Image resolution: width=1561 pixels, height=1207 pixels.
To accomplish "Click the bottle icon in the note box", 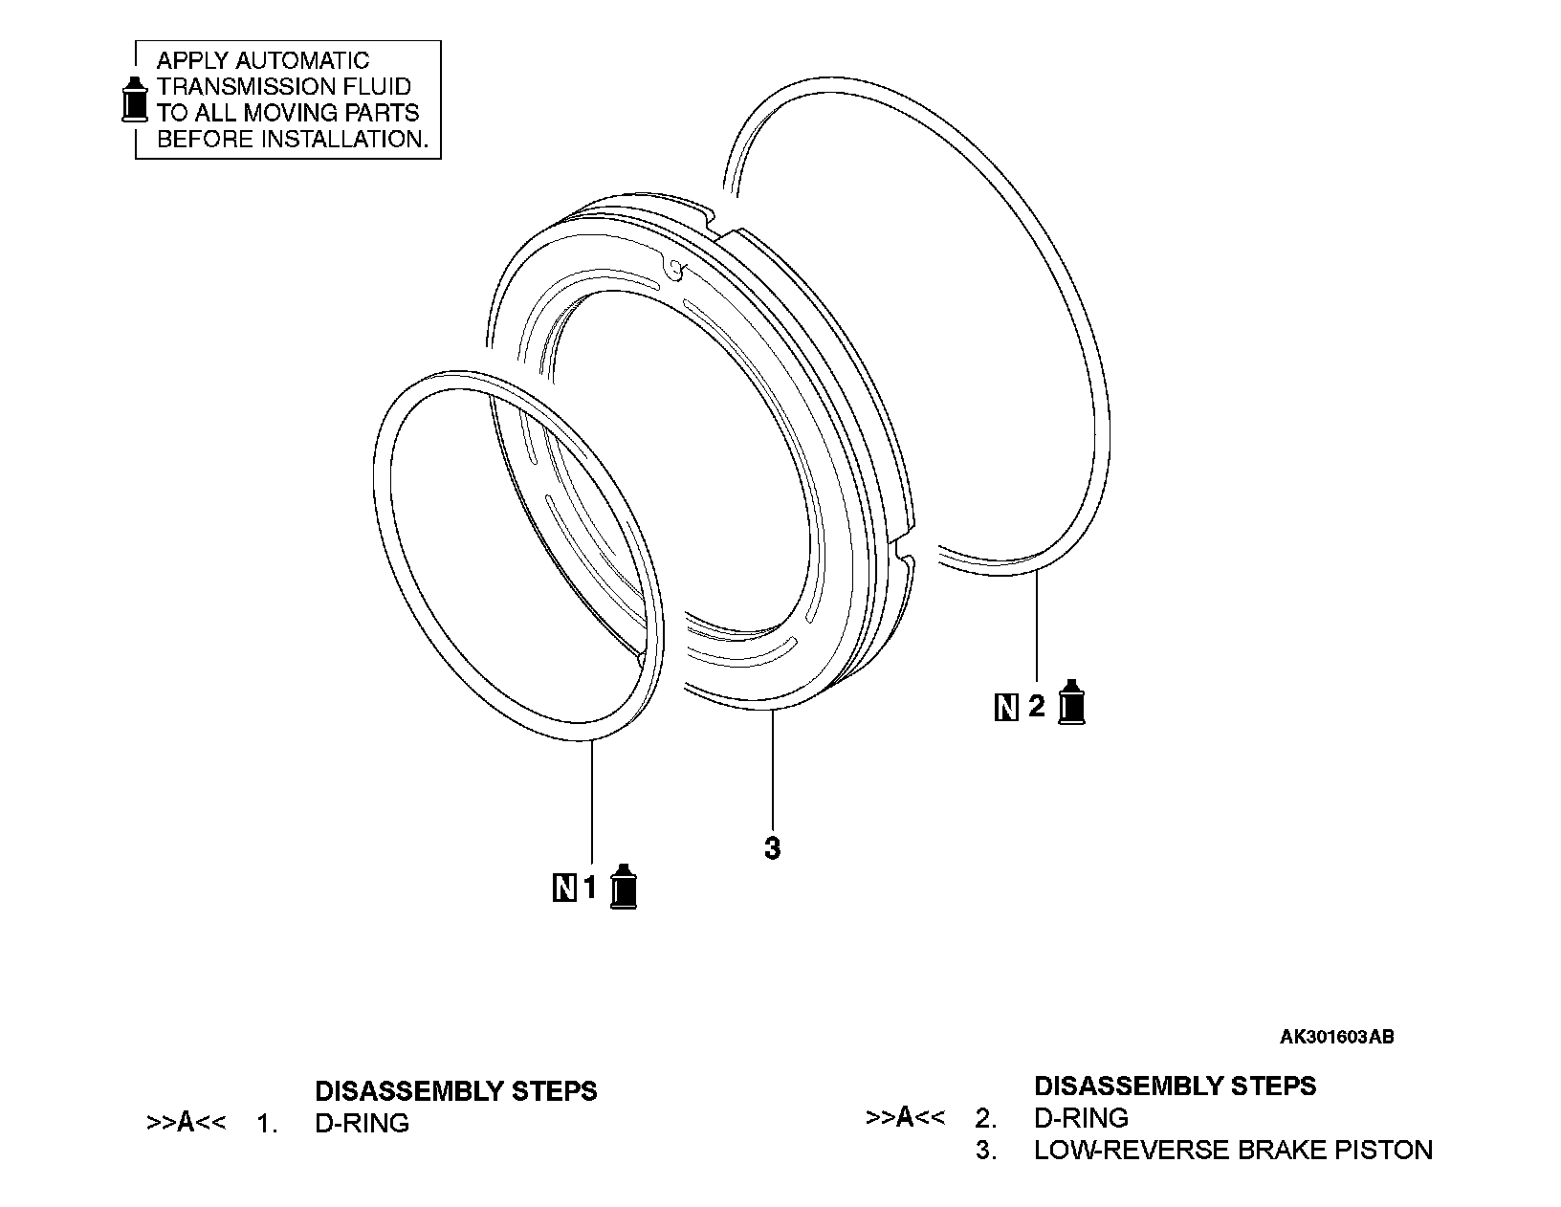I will coord(136,99).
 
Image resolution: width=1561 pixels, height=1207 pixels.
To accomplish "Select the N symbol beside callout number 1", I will coord(564,889).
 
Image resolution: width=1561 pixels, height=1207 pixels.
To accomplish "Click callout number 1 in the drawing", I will coord(590,889).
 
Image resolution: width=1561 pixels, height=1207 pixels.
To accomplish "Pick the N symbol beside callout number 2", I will coord(1005,708).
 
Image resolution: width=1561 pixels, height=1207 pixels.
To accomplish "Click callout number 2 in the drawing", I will coord(1036,708).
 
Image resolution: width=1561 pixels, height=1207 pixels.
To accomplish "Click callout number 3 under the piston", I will coord(772,848).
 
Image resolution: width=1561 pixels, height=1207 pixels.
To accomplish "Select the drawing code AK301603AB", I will coord(1336,1037).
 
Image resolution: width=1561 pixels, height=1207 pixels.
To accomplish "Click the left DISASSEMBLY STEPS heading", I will coord(456,1090).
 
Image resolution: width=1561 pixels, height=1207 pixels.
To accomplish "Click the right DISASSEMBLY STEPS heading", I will coord(1175,1086).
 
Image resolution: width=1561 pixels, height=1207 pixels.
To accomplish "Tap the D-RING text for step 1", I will coord(362,1123).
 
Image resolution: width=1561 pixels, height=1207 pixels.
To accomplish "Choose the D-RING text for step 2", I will coord(1081,1117).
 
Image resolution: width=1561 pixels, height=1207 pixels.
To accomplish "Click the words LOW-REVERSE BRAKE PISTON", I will coord(1233,1150).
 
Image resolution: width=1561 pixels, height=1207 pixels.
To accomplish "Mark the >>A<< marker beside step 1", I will coord(186,1122).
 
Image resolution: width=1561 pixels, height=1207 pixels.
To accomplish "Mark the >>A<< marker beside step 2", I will coord(905,1116).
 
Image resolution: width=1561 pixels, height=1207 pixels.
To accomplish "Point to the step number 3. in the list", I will coord(985,1150).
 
